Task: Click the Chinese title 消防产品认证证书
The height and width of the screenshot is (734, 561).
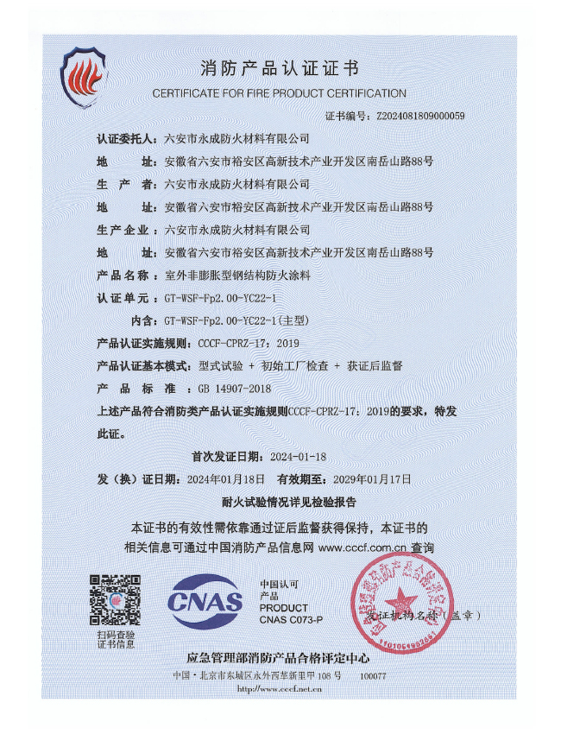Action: (x=279, y=68)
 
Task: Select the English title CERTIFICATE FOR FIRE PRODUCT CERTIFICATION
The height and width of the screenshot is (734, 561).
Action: (x=279, y=93)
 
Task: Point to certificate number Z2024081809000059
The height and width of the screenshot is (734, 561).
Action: (x=420, y=116)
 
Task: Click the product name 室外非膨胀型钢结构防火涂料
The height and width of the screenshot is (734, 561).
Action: (x=243, y=275)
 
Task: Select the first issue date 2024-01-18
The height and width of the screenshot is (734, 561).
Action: (x=299, y=456)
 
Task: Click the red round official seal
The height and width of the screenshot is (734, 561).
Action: (x=400, y=602)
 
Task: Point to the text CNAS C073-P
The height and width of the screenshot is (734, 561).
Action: (x=291, y=620)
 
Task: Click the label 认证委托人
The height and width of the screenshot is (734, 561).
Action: (x=127, y=138)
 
